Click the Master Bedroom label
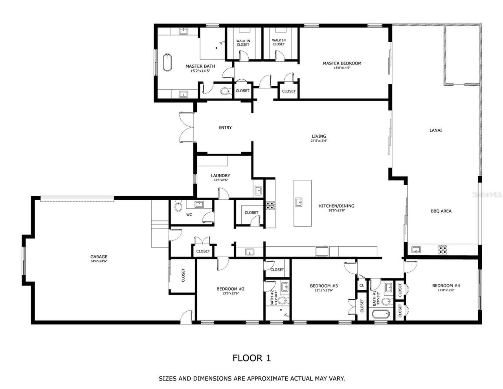click(342, 63)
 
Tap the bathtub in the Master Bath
click(167, 63)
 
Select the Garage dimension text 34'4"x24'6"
click(99, 262)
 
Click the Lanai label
click(435, 130)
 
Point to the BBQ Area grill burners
click(443, 249)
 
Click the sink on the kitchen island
click(299, 203)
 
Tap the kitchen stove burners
click(270, 205)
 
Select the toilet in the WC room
click(178, 206)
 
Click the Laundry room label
click(220, 176)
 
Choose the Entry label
click(225, 127)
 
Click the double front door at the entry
click(186, 127)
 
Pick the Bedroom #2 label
click(230, 289)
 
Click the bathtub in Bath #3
click(380, 314)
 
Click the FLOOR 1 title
click(251, 358)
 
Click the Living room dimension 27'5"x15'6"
click(319, 141)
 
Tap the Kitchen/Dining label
click(336, 206)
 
